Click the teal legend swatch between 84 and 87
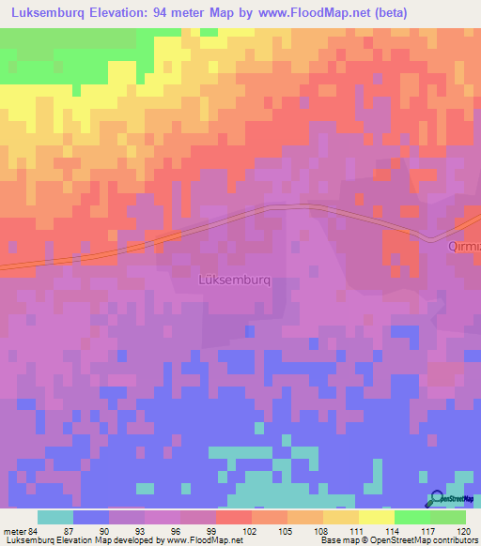[55, 517]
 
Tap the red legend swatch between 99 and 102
[233, 517]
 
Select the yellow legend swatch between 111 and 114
[376, 517]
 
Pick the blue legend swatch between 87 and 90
[91, 517]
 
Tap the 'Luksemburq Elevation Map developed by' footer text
[70, 540]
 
